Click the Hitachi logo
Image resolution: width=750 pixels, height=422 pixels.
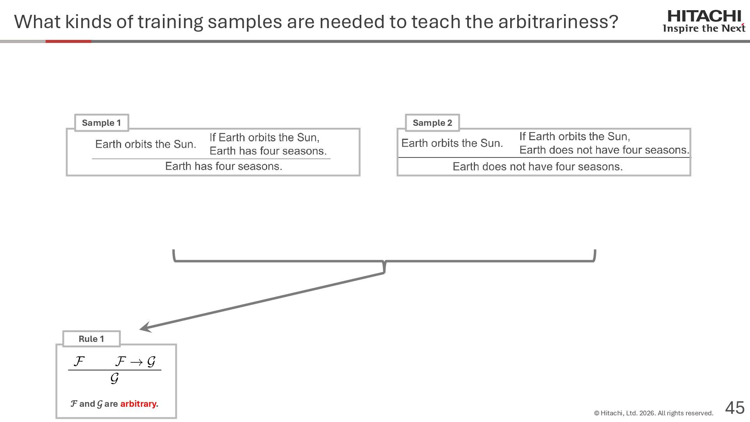pos(704,16)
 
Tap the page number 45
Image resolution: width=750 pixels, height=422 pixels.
pos(735,408)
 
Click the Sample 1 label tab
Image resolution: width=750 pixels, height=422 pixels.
pos(102,123)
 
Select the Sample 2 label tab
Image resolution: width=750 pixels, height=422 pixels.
pos(432,123)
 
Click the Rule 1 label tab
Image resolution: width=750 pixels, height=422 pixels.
pos(91,339)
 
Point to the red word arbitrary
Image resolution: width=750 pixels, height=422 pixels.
pos(138,404)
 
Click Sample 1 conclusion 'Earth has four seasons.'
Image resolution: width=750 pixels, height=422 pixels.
pos(223,166)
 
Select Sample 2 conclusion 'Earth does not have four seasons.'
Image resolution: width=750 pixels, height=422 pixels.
pos(537,167)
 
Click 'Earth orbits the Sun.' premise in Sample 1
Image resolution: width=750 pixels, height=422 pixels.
pos(146,144)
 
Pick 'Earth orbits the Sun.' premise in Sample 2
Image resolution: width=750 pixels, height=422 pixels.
pos(452,143)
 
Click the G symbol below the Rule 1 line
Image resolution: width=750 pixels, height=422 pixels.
pos(114,379)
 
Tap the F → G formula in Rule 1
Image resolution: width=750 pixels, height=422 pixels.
pos(136,362)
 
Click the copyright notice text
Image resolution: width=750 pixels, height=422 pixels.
pos(654,413)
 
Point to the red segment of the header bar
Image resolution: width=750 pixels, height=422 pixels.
pos(68,41)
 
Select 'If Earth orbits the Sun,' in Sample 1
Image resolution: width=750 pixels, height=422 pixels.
pos(264,138)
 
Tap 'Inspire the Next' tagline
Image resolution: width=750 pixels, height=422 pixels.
pos(704,29)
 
